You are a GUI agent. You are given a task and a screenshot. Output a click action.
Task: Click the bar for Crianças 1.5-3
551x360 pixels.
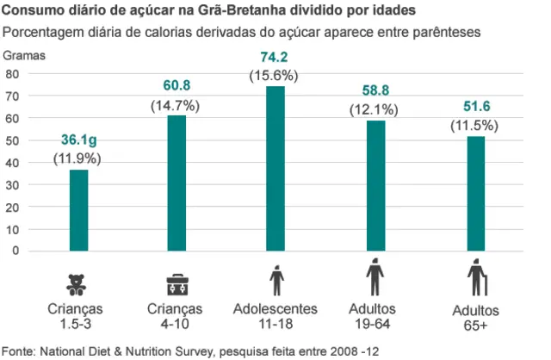point(78,210)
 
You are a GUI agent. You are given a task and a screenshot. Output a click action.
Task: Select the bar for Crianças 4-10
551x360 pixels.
point(176,183)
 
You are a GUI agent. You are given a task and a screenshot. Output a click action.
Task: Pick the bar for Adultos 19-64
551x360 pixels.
point(375,185)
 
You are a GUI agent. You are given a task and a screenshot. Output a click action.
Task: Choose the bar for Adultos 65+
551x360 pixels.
point(475,193)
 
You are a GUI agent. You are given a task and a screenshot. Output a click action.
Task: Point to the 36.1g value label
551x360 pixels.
point(77,141)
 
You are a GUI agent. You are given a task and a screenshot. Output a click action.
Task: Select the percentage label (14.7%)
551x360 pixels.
point(176,106)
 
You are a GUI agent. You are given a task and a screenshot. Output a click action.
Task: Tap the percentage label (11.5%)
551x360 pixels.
point(474,124)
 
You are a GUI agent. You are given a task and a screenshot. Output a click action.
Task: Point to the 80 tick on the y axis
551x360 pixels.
point(12,73)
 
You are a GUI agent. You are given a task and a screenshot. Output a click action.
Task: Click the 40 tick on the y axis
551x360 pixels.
point(12,162)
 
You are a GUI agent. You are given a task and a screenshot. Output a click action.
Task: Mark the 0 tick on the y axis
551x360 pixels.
point(15,251)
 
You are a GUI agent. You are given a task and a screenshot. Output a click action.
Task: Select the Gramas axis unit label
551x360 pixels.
point(26,54)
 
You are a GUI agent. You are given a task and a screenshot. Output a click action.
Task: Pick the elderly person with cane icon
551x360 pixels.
point(476,282)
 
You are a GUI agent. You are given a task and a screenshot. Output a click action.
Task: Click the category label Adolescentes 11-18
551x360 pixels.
point(275,315)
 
